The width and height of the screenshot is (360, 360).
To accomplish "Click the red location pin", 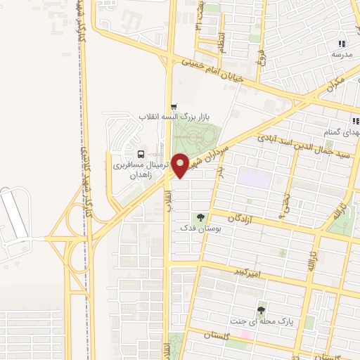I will click(181, 165).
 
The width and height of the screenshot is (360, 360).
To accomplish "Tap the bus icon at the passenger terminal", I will click(141, 154).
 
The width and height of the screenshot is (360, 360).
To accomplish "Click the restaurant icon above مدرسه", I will click(342, 44).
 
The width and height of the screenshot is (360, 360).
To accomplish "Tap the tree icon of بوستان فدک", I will click(201, 217).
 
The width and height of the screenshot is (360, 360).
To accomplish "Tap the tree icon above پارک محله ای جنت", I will click(262, 309).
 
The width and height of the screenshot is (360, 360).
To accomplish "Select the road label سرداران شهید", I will click(211, 154).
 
